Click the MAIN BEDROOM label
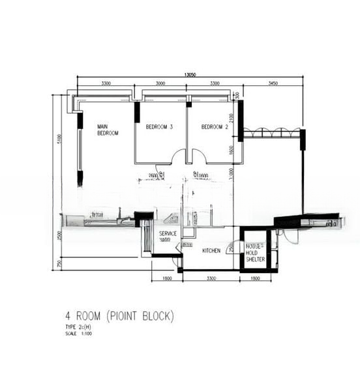click(108, 130)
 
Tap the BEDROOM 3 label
click(159, 126)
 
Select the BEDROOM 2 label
click(214, 126)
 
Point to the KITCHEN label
click(211, 250)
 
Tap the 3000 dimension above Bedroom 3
click(160, 84)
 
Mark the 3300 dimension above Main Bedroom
click(106, 84)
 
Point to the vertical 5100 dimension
click(59, 139)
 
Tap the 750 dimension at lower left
click(59, 263)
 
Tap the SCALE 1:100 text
click(76, 334)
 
